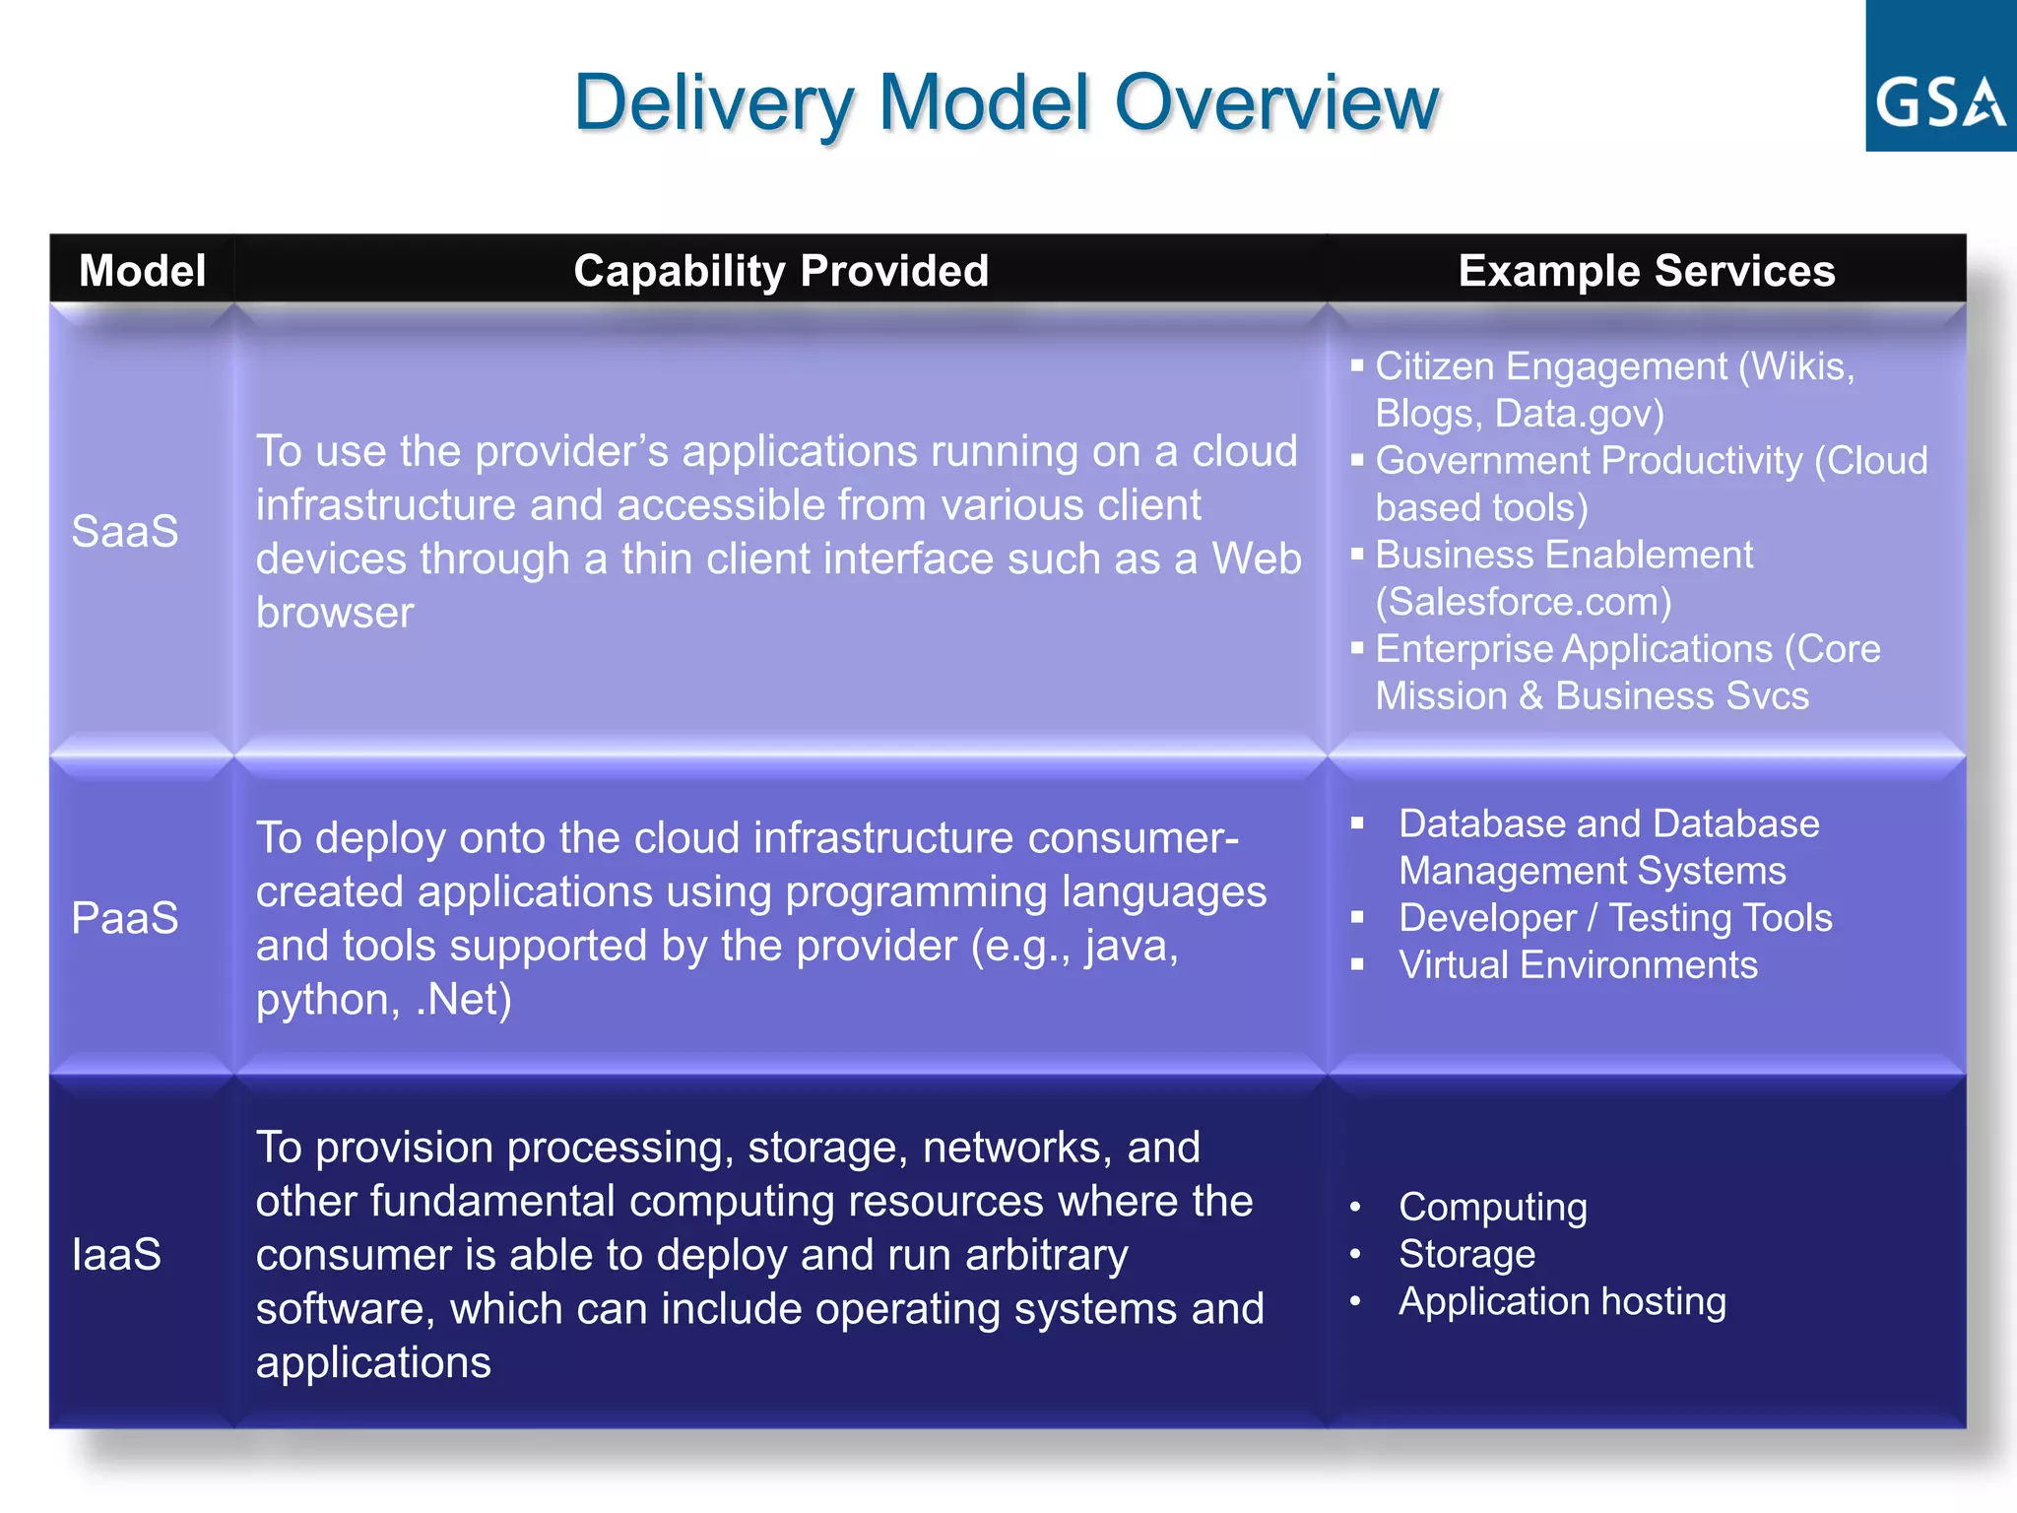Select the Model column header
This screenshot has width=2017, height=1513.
coord(142,270)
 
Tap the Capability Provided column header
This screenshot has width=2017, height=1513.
coord(780,270)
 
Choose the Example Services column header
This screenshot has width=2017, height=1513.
coord(1646,270)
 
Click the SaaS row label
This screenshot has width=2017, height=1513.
coord(125,531)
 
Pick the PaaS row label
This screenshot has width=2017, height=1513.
coord(125,918)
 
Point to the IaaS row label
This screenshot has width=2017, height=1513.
coord(116,1254)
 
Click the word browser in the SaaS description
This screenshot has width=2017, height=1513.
coord(335,613)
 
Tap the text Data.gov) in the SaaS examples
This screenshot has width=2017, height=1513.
coord(1579,414)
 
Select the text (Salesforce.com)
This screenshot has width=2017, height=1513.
coord(1523,602)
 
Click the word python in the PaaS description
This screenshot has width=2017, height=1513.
coord(322,1001)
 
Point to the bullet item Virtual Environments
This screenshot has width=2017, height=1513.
coord(1578,965)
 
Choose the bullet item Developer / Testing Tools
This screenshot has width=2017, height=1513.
coord(1615,918)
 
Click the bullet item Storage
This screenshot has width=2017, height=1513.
coord(1466,1254)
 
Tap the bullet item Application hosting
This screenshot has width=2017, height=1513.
coord(1562,1301)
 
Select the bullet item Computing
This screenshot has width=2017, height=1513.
coord(1492,1207)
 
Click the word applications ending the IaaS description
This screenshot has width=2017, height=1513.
coord(373,1362)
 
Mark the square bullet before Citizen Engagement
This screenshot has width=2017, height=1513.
coord(1357,365)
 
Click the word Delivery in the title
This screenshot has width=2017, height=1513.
coord(712,102)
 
